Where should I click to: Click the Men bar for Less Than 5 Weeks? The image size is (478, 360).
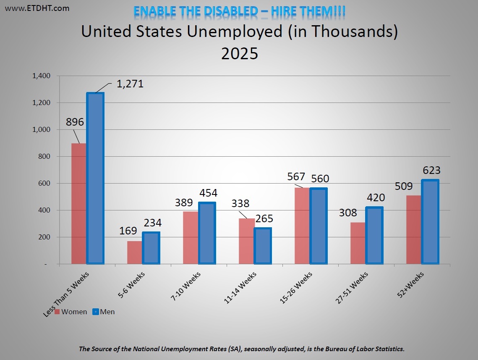point(95,179)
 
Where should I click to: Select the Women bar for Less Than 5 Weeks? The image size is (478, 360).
point(79,204)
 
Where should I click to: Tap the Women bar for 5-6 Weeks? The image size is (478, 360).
point(135,252)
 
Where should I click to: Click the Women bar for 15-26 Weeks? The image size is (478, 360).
point(302,226)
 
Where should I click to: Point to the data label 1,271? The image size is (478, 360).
point(130,84)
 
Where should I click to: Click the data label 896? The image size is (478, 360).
point(75,122)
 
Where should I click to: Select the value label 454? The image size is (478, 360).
point(209,192)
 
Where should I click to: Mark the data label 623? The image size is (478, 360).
point(431,170)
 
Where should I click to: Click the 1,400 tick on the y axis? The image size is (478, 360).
point(41,76)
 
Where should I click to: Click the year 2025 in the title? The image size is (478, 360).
point(239,54)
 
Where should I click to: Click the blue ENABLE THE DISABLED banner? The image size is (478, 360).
point(239,11)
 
